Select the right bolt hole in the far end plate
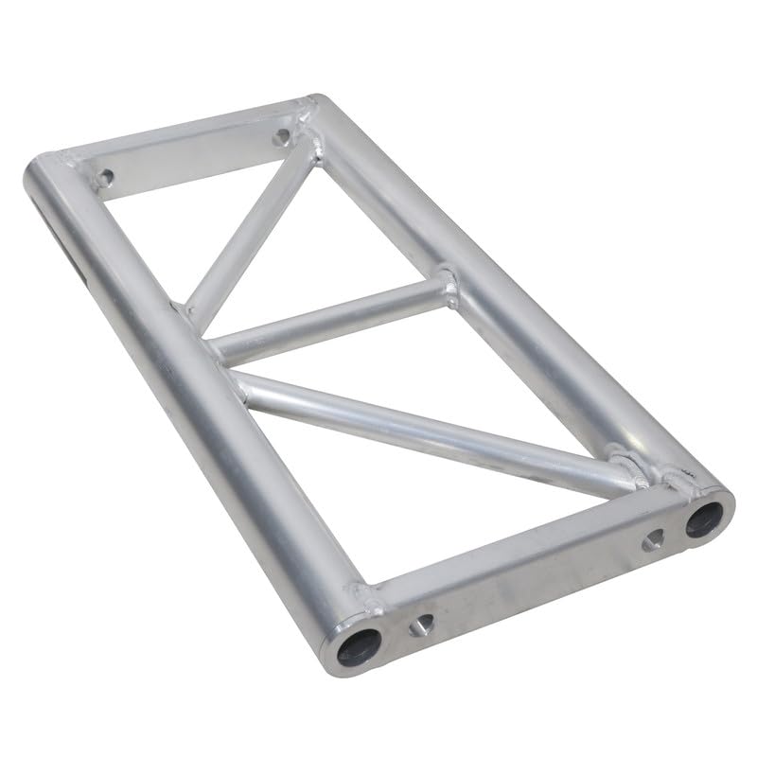point(281,138)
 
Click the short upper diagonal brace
point(250,232)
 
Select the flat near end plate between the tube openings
point(530,577)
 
